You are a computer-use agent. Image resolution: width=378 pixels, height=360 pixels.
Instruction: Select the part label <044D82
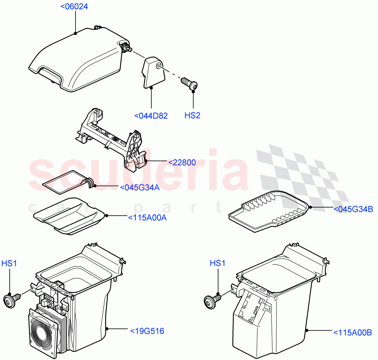point(151,116)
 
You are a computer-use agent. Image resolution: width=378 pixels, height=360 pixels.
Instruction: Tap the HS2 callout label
point(192,116)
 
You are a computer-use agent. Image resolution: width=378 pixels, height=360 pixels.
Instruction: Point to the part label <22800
point(182,163)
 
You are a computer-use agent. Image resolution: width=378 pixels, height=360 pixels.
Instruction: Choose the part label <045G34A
point(140,188)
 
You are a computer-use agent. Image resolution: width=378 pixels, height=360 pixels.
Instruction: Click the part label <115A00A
point(147,217)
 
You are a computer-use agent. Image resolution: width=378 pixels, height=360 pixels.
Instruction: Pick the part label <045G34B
point(353,209)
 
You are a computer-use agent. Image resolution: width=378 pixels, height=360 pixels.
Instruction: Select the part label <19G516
point(147,331)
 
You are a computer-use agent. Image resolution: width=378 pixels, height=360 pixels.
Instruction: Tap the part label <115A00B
point(352,332)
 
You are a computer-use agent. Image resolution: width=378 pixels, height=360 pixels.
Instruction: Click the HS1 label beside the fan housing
point(9,263)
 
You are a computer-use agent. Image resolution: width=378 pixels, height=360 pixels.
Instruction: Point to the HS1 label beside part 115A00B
point(218,263)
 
